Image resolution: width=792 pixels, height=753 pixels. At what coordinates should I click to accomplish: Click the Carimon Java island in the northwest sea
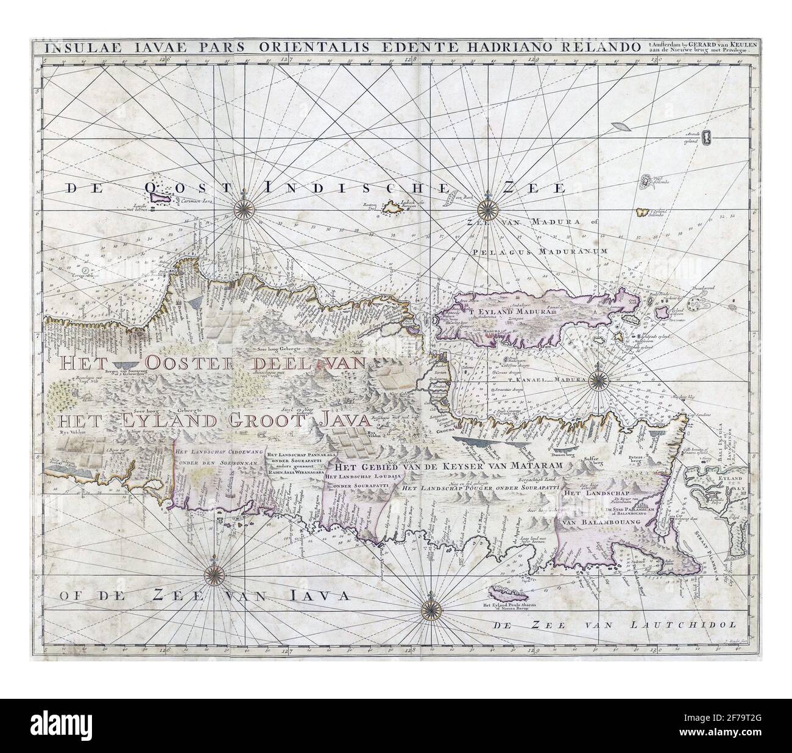[156, 196]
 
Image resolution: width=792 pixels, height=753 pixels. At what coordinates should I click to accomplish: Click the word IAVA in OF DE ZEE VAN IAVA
[314, 595]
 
